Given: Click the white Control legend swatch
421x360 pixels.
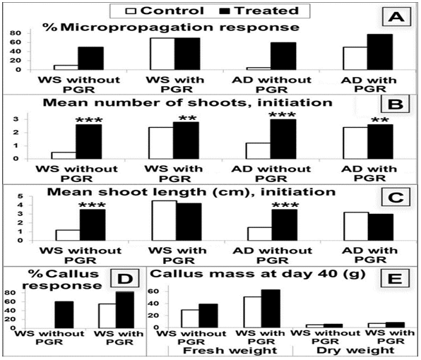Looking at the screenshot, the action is click(x=131, y=11).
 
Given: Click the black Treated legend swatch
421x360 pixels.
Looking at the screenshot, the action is click(x=225, y=11).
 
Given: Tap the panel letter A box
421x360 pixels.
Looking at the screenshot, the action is click(x=396, y=17).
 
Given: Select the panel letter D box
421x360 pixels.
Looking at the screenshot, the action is click(x=124, y=279).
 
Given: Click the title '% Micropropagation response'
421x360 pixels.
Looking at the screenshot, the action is click(x=171, y=27).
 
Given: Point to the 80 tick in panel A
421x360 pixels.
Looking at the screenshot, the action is click(x=16, y=33).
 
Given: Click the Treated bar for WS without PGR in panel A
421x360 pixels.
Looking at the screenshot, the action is click(x=90, y=59).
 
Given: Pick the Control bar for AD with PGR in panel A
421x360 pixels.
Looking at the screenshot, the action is click(x=355, y=59).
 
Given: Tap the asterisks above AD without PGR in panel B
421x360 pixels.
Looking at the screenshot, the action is click(x=282, y=115).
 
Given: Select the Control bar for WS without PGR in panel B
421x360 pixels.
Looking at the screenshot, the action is click(x=64, y=155).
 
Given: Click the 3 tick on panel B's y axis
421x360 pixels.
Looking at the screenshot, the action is click(x=16, y=119).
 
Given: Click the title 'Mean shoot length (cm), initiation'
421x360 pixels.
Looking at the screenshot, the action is click(x=191, y=192).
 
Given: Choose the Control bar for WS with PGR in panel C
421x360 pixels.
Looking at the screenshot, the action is click(x=165, y=220).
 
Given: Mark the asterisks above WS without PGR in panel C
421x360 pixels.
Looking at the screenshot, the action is click(x=92, y=205).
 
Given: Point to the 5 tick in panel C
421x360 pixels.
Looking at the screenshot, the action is click(x=20, y=196).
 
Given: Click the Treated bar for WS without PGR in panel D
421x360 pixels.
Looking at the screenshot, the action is click(x=64, y=315).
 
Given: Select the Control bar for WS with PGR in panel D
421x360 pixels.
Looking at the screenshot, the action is click(x=107, y=316).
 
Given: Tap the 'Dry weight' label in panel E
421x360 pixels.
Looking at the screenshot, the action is click(x=355, y=350).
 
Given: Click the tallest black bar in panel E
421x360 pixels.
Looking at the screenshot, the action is click(x=271, y=308).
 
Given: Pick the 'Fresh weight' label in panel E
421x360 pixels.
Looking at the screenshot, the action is click(x=230, y=350).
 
